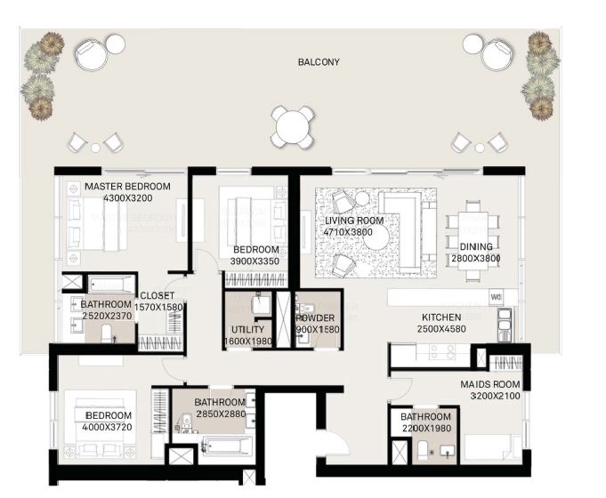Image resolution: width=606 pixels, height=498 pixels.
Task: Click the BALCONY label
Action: [x=319, y=62]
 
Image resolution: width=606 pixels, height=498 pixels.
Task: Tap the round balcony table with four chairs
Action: [x=294, y=126]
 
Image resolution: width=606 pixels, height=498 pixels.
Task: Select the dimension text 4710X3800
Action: [x=353, y=231]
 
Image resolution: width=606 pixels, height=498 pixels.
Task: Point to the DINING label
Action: [x=477, y=246]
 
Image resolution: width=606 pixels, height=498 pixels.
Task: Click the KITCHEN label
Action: [x=440, y=317]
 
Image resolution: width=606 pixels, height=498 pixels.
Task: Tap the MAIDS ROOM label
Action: [x=490, y=384]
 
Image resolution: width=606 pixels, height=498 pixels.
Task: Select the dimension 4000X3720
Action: [x=108, y=428]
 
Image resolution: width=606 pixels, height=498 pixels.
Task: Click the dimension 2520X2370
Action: [x=106, y=314]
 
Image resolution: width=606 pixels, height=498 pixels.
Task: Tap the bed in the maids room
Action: [x=491, y=447]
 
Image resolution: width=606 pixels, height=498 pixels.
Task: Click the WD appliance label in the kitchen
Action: [x=497, y=297]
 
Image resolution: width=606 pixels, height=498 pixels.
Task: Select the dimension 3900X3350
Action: [x=255, y=261]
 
